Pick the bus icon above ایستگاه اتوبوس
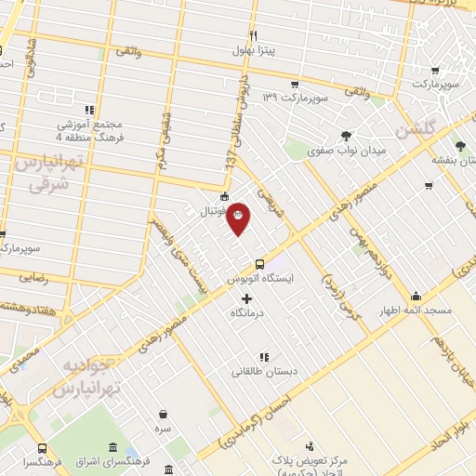point(259,264)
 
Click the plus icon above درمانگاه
point(246,298)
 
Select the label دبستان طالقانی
point(265,371)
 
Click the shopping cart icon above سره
point(163,415)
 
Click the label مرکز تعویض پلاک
point(309,460)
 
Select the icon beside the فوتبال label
point(224,197)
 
